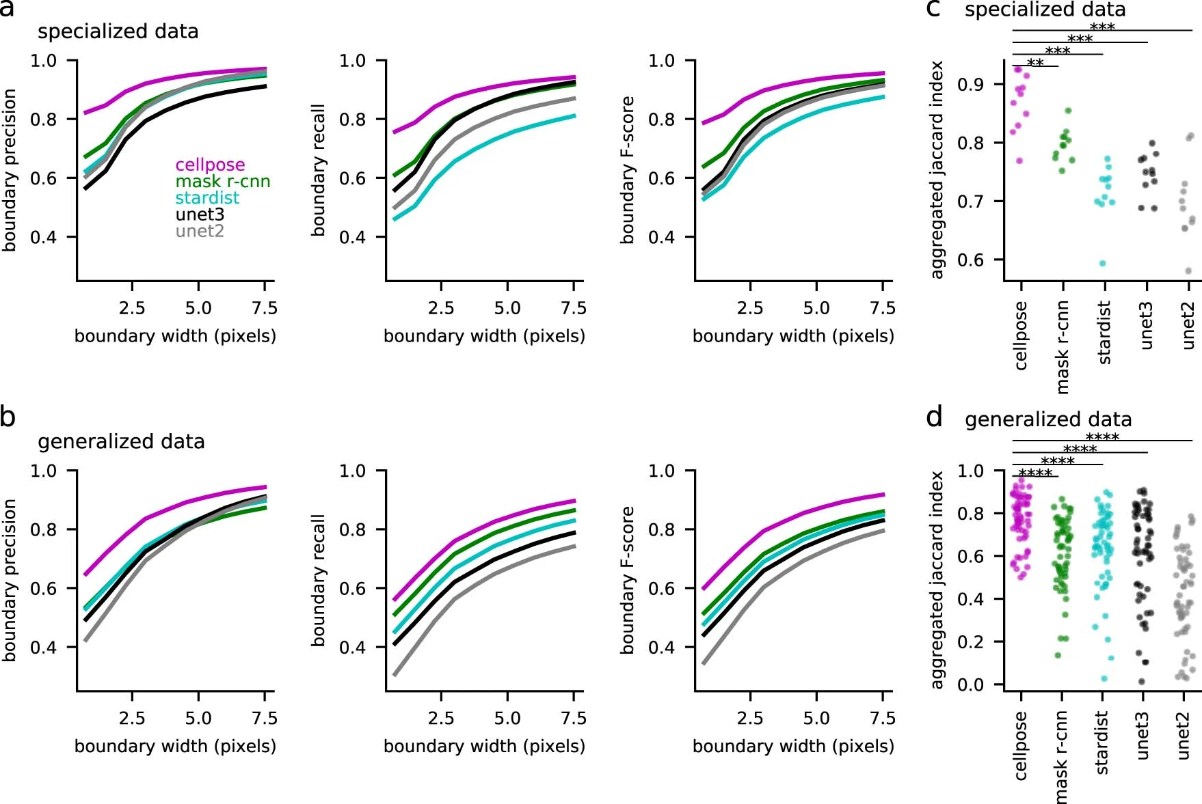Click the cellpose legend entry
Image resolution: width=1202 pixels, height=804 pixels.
[x=210, y=165]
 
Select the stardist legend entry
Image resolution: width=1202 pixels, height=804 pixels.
[x=207, y=198]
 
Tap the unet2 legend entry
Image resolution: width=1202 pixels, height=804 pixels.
[x=200, y=231]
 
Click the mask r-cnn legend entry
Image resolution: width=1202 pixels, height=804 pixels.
[x=223, y=182]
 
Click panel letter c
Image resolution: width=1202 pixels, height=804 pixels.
[x=933, y=9]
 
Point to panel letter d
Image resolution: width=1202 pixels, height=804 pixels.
[x=934, y=417]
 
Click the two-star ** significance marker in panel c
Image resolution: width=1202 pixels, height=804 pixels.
[x=1035, y=63]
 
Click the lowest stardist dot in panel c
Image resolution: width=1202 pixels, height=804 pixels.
[x=1102, y=263]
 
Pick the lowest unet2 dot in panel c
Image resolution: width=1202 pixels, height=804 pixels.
[x=1188, y=271]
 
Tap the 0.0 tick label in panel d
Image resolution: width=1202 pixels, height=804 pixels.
[x=971, y=684]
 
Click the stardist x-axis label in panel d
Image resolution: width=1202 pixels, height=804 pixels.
[x=1101, y=743]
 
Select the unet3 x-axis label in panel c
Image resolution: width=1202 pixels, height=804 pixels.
[x=1146, y=326]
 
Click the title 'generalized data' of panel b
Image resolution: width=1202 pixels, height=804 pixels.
[x=121, y=442]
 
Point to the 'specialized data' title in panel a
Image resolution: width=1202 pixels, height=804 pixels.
[x=118, y=31]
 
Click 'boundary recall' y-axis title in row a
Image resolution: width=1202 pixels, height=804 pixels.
[x=319, y=170]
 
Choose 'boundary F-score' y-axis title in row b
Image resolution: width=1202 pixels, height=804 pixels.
[x=628, y=580]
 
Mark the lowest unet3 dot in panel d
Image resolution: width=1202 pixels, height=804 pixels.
[x=1142, y=682]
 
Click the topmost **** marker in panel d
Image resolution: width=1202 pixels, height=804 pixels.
[x=1102, y=437]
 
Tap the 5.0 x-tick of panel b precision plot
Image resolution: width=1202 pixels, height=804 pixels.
[x=198, y=719]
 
